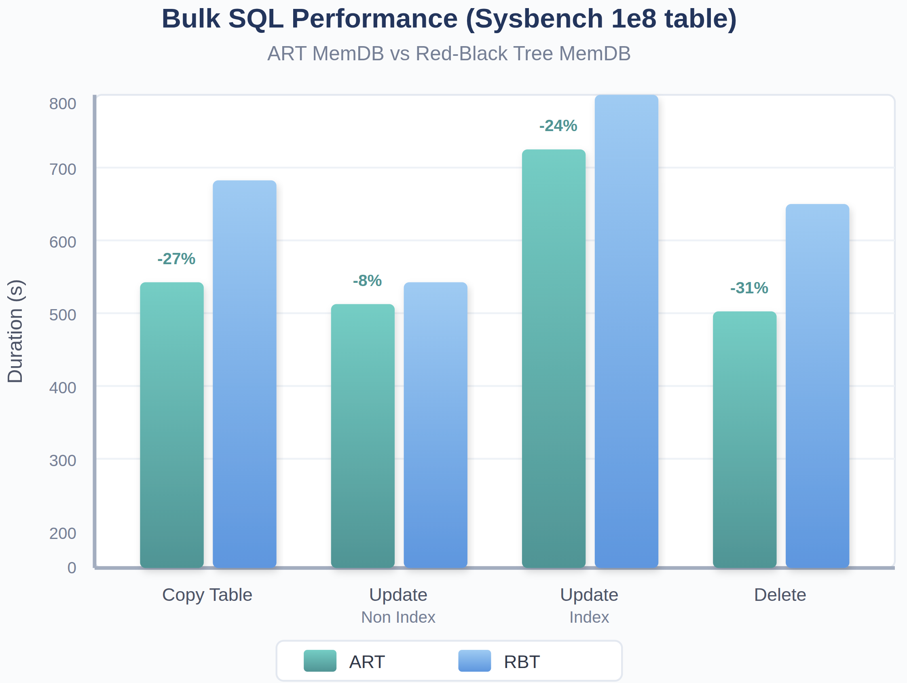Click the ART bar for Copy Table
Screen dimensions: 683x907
click(x=172, y=424)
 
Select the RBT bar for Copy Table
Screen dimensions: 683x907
click(x=244, y=374)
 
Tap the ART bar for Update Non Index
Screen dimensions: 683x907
click(x=362, y=436)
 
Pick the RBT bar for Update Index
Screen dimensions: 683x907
click(x=626, y=331)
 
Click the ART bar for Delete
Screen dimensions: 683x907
click(x=744, y=439)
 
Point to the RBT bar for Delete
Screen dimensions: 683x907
click(x=817, y=386)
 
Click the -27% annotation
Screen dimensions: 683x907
click(x=176, y=259)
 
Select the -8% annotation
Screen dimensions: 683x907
click(x=367, y=280)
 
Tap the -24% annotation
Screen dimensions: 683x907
click(x=558, y=125)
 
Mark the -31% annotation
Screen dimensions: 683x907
click(x=749, y=288)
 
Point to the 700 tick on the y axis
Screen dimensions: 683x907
click(x=63, y=169)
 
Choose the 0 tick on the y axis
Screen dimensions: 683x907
click(x=72, y=568)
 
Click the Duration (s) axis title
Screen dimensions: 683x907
click(x=15, y=331)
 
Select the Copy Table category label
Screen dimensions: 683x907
click(x=207, y=594)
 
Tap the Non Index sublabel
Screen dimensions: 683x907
click(x=398, y=617)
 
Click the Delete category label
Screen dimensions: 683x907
click(x=780, y=594)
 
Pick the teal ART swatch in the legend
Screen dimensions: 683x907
click(x=320, y=660)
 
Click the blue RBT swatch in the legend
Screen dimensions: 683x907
click(x=474, y=660)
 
